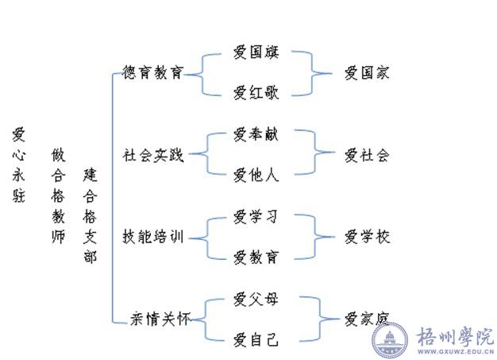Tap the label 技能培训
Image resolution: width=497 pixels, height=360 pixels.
point(153,237)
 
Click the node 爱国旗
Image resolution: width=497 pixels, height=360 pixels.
point(256,53)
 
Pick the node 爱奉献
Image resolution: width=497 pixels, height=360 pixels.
point(256,135)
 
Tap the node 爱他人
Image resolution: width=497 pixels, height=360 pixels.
point(256,175)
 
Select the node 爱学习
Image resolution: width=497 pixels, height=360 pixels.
point(256,216)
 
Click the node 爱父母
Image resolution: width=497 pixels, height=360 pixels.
point(256,299)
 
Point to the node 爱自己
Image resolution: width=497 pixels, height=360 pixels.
point(256,340)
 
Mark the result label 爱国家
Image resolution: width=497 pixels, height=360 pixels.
point(367,73)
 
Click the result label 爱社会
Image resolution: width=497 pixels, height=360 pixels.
point(367,155)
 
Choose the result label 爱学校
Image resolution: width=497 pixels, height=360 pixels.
point(367,237)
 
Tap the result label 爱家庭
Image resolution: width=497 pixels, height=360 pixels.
point(367,319)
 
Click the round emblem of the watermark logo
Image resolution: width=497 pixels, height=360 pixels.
point(391,340)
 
